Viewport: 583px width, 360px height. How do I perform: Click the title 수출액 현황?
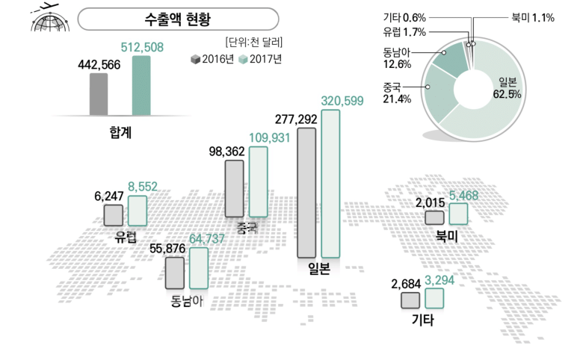[x=177, y=19]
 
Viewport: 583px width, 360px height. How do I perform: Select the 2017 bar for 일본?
[x=330, y=185]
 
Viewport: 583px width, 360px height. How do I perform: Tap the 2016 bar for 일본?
[x=306, y=193]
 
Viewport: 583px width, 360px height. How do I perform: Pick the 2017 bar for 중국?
[x=258, y=181]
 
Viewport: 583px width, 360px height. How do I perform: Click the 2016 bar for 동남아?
[x=175, y=273]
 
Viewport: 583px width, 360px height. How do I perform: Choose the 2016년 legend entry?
[x=212, y=59]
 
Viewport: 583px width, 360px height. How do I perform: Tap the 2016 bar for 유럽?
[x=114, y=216]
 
